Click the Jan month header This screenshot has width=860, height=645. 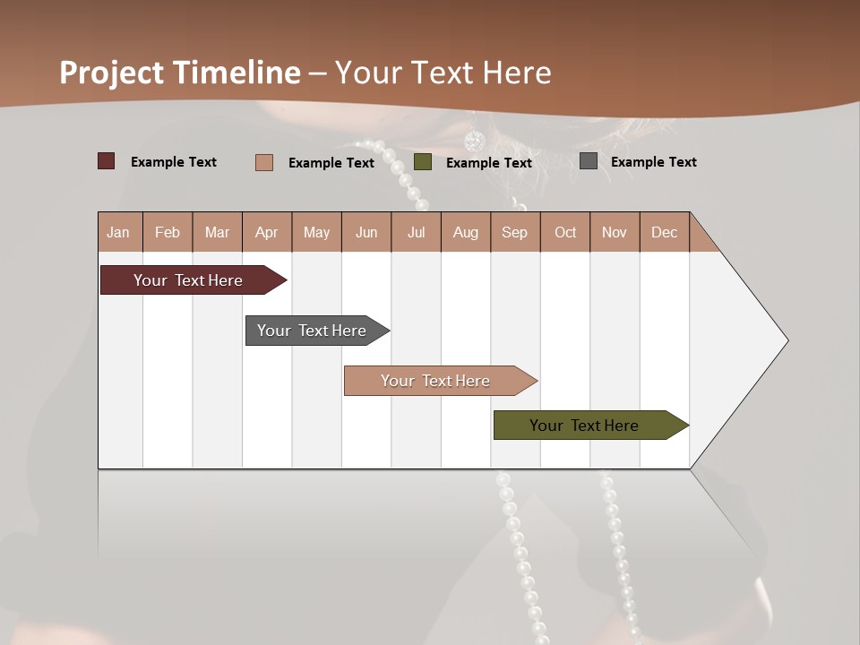(119, 232)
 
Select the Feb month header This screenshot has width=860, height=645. (168, 232)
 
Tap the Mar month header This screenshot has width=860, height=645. (217, 232)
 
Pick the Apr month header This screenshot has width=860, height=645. (267, 232)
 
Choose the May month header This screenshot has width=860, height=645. (316, 232)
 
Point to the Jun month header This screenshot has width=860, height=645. (366, 232)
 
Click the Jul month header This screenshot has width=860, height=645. (416, 232)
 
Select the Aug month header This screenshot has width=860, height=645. (466, 232)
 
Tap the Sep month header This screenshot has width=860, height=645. (515, 232)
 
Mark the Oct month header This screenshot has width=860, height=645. (565, 232)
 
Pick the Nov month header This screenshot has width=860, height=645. (615, 232)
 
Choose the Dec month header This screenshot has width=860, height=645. (665, 232)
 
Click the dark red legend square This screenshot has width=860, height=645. (107, 161)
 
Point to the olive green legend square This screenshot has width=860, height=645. (423, 162)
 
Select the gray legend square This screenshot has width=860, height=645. (589, 161)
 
